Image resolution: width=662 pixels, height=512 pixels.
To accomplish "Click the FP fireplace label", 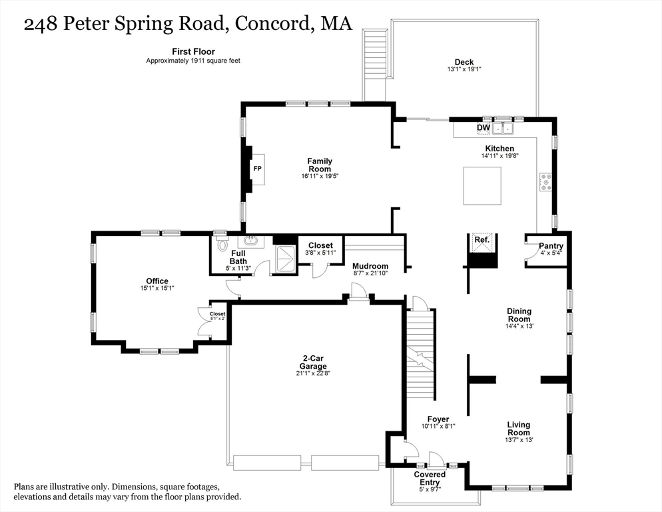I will pos(257,169).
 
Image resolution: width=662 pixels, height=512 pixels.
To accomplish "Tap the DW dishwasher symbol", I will pos(484,128).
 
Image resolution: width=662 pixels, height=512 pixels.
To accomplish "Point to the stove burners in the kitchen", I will pos(545,182).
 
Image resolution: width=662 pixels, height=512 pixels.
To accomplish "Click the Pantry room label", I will pos(551,246).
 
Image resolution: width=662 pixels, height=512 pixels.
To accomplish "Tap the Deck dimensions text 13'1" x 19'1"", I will pos(464,69).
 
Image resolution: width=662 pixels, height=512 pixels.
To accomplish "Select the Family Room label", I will pos(320,165).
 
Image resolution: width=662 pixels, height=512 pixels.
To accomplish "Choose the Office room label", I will pos(157,281).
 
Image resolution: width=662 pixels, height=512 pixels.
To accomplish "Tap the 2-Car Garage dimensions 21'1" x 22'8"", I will pos(312,373).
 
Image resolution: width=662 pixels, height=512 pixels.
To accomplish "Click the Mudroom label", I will pos(370,267).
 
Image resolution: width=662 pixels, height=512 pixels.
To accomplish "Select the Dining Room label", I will pos(519,315).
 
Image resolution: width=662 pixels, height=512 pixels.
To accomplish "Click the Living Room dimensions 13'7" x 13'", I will pos(519,439).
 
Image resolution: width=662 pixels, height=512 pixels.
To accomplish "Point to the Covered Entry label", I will pos(430,478).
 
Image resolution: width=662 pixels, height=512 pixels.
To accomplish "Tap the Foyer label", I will pos(438,419).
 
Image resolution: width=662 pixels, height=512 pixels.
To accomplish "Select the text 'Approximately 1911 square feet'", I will pos(193,61).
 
